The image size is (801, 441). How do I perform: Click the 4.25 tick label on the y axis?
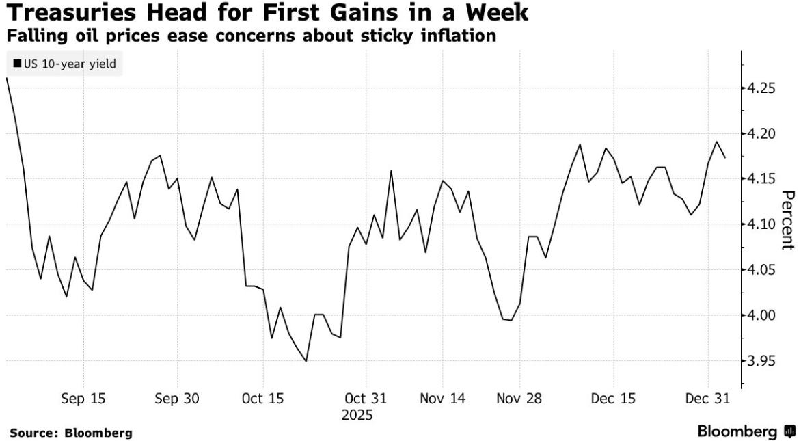pos(761,88)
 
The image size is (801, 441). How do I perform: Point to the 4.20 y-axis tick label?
pos(761,133)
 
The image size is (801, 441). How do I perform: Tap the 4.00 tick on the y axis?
pos(761,315)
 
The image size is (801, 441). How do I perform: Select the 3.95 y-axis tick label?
pos(761,360)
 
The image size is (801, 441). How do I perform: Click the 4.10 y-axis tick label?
pos(761,224)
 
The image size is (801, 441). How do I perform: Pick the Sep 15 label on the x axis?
pos(83,399)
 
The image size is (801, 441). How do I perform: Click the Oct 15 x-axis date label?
pos(263,399)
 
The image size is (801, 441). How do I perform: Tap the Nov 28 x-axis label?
pos(519,399)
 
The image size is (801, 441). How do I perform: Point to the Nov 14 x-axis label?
pos(443,399)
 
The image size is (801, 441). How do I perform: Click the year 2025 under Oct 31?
pos(357,415)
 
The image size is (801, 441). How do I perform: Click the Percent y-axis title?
pos(788,220)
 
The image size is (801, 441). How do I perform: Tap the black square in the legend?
pos(16,64)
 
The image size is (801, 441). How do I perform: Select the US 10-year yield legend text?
pos(69,64)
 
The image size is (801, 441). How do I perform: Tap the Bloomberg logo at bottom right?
pos(746,431)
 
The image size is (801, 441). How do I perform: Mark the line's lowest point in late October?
pos(306,361)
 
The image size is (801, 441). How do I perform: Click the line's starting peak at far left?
pos(6,79)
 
